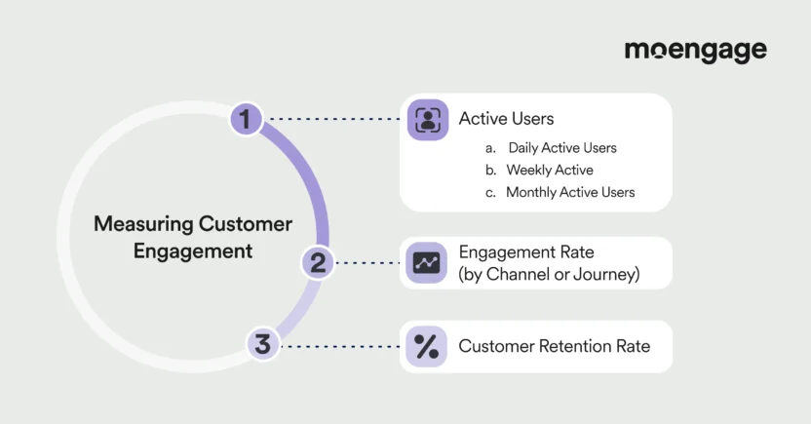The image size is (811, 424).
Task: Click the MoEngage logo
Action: pos(695,51)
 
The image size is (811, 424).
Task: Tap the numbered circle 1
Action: pos(247,119)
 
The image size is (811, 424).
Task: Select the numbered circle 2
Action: pos(318,262)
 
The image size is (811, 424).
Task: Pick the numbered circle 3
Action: pos(262,345)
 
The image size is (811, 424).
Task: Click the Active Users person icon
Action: pos(427,119)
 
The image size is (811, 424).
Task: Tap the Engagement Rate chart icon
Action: pos(427,262)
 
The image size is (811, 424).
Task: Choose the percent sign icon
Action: pos(427,346)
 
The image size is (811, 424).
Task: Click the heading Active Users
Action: pos(506,119)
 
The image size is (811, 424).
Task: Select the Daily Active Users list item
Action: pos(561,148)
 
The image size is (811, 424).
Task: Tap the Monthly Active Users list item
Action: pos(569,192)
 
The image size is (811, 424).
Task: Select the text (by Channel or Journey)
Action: pos(549,275)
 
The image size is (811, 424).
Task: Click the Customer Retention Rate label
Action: pos(554,346)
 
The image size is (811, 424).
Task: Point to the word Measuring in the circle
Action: pos(143,224)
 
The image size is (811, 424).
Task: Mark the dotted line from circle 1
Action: pos(333,119)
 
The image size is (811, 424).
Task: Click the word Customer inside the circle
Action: pos(245,224)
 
